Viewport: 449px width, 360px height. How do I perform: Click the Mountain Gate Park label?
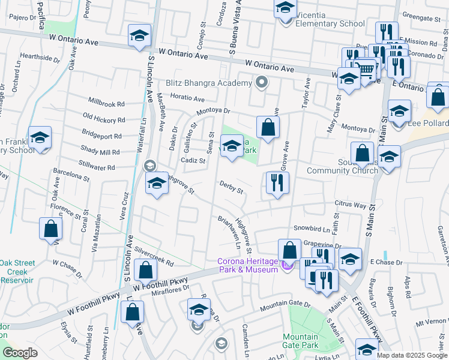tap(300, 341)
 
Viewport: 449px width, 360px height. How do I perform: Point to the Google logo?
tap(20, 353)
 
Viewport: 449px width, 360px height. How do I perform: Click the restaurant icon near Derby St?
tap(277, 184)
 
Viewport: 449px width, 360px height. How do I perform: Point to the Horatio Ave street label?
tap(187, 99)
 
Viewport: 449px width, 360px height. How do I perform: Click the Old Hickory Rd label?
tap(103, 116)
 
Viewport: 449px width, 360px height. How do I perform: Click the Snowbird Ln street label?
tap(312, 229)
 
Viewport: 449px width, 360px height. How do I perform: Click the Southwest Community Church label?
tap(343, 170)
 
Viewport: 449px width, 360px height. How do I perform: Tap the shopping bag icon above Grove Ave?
tap(268, 127)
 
